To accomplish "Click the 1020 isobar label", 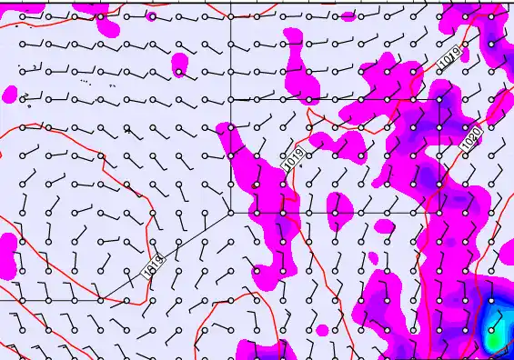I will pos(471,138).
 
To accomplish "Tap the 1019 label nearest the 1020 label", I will pos(449,57).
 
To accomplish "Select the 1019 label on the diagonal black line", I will pos(154,265).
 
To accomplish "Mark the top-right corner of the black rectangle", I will pos(443,99).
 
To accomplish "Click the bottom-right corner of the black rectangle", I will pos(443,213).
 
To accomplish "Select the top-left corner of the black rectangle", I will pos(231,99).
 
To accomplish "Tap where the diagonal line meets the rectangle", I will pos(231,213).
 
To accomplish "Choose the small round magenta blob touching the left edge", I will pos(10,93).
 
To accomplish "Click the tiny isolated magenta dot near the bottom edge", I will pos(321,328).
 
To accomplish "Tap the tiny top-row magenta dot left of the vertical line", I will pos(150,16).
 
